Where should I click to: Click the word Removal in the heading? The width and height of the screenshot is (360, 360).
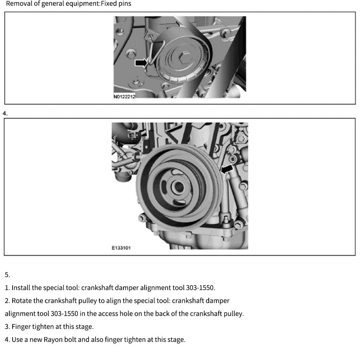pyautogui.click(x=18, y=4)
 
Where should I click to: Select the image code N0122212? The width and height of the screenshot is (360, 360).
pyautogui.click(x=124, y=96)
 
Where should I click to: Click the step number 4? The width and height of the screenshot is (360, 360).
pyautogui.click(x=5, y=113)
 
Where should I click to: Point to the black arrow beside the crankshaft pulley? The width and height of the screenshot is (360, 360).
pyautogui.click(x=227, y=168)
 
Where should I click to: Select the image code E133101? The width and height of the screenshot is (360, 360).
pyautogui.click(x=121, y=248)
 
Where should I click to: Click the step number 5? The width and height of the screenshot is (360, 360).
pyautogui.click(x=7, y=275)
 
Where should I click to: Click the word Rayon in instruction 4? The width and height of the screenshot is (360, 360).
pyautogui.click(x=53, y=339)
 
